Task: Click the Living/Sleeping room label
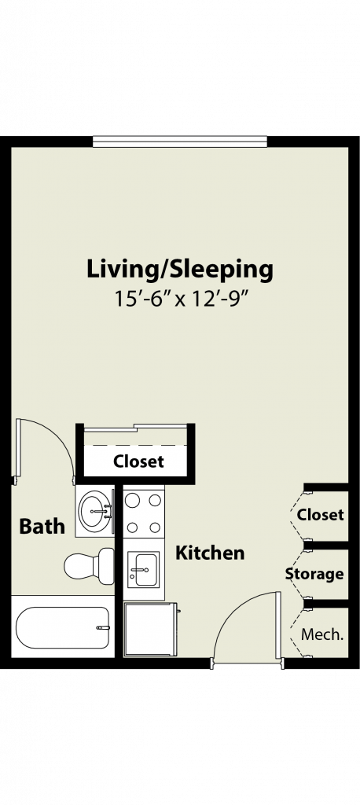(180, 270)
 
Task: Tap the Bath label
(42, 526)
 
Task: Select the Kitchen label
(210, 553)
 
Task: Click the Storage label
(314, 574)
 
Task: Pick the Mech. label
(322, 634)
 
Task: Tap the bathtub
(63, 627)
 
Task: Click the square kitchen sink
(144, 569)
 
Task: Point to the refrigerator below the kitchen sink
(150, 629)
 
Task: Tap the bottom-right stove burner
(155, 527)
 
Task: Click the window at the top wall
(180, 142)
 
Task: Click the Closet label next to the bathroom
(138, 461)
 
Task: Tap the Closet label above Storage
(321, 514)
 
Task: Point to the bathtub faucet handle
(104, 627)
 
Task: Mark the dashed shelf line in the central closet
(135, 445)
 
